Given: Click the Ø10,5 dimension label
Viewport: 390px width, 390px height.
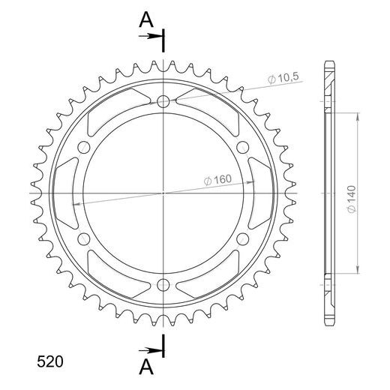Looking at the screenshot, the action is tap(283, 78).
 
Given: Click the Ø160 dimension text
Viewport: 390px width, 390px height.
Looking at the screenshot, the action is tap(217, 180).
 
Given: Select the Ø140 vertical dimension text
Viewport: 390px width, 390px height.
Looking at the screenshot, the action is tap(352, 199).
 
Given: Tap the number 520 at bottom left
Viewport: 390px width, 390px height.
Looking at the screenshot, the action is tap(50, 361).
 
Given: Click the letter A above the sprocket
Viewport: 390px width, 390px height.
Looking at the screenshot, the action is tap(146, 20).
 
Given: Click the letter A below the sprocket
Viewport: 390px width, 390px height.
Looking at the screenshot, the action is tap(146, 367).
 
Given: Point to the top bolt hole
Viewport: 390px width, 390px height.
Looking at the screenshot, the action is tap(163, 101).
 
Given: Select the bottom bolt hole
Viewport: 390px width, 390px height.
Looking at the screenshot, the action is tap(163, 285).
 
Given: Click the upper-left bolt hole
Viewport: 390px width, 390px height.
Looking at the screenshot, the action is tap(84, 147).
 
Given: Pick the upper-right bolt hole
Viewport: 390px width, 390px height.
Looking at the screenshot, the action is tap(243, 147).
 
